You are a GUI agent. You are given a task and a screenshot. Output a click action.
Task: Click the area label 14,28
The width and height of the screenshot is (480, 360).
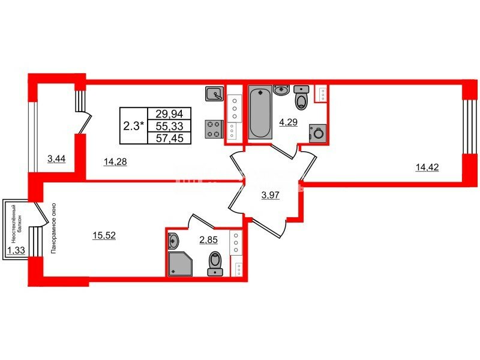coord(115,161)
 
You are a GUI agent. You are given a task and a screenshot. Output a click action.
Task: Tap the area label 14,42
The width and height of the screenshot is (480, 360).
coord(427,167)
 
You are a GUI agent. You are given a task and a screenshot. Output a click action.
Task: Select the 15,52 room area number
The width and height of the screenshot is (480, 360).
coord(104,235)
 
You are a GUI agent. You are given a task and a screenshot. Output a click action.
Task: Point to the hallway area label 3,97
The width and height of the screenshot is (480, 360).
coord(271,195)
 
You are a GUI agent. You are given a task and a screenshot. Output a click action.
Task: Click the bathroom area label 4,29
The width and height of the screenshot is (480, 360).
coord(288,122)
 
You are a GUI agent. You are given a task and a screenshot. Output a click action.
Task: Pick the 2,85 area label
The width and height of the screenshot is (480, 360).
coord(208,239)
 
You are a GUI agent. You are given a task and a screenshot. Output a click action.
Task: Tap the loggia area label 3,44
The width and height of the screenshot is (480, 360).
coord(56,159)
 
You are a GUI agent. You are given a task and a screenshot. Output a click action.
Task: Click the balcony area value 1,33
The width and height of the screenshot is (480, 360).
coord(16,250)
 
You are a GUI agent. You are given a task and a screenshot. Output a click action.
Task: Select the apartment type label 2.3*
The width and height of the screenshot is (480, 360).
coord(133,126)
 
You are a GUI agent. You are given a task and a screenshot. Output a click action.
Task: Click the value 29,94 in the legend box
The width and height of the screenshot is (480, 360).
coord(169,114)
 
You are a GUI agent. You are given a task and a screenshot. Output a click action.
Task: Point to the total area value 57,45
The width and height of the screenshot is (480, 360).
coord(169,138)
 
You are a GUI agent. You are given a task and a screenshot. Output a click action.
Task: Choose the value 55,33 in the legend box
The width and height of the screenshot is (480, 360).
coord(169,126)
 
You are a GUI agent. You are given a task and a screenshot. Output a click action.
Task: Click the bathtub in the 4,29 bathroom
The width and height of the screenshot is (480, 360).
coord(260,112)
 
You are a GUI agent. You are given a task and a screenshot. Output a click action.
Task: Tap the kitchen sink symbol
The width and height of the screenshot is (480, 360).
coord(215,94)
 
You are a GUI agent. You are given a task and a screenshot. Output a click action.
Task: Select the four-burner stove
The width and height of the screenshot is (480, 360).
coord(214,129)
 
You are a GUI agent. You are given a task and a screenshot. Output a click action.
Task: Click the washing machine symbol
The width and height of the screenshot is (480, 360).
coord(318,133)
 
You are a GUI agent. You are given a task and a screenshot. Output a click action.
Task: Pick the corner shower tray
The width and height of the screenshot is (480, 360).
coord(180,264)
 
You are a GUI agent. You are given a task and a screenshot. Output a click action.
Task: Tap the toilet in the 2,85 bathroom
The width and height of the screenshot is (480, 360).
coord(215,263)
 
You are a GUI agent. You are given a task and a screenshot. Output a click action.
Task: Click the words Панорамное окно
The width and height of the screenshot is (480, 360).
coord(54,228)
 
